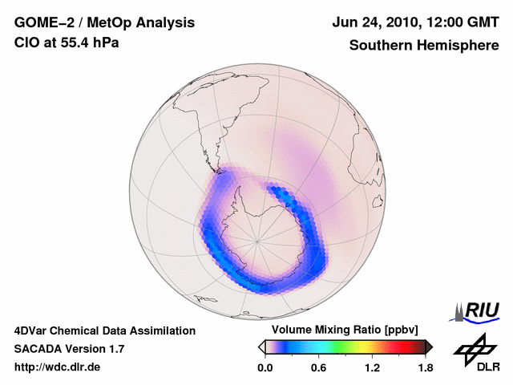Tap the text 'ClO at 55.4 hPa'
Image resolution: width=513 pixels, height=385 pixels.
point(67,43)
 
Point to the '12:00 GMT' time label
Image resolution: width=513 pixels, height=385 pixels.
point(455,23)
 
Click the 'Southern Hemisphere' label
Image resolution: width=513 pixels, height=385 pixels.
point(424,45)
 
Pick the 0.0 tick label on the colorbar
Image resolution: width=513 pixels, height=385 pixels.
point(265,367)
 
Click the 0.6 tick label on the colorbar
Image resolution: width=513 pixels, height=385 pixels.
point(318,367)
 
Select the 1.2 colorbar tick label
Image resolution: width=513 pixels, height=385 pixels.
point(372,367)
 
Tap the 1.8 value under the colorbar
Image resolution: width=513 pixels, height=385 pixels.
point(425,367)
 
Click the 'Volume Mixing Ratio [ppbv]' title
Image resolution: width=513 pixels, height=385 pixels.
point(345,330)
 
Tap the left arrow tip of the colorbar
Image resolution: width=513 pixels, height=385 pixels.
point(261,346)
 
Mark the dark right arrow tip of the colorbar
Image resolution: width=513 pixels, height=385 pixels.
point(429,346)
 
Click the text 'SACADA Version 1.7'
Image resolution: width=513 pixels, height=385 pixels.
point(69,349)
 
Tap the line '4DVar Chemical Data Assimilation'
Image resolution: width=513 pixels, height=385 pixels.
point(105,330)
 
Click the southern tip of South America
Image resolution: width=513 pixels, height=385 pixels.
point(217,171)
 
